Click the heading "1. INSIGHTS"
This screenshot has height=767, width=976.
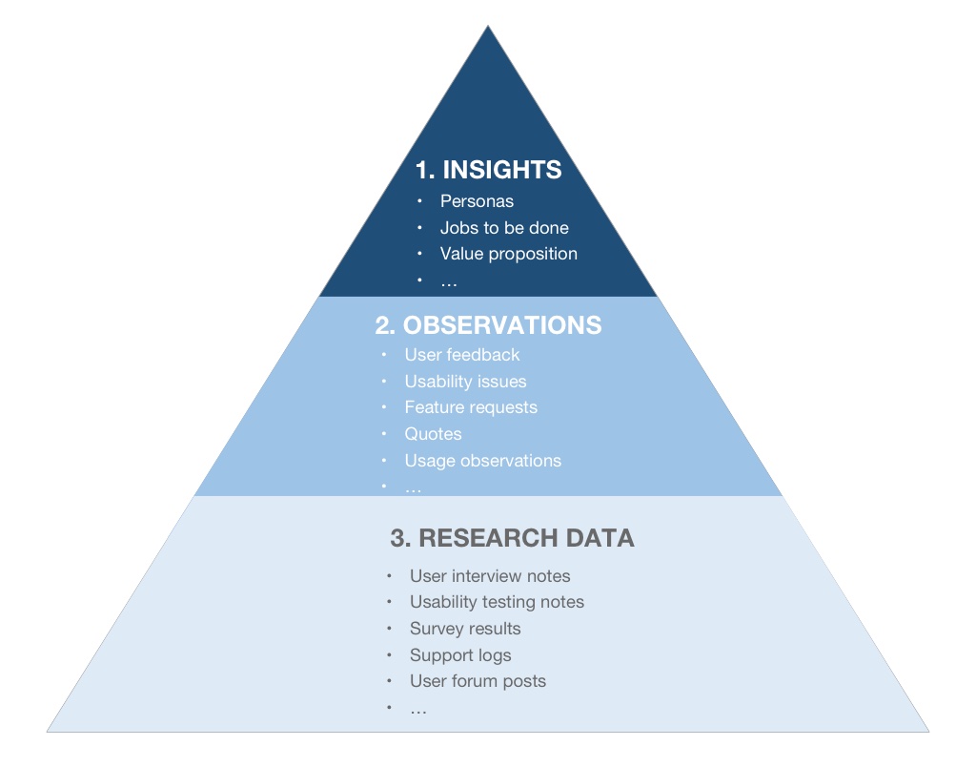pos(488,170)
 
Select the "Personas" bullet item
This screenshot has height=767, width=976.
pos(477,201)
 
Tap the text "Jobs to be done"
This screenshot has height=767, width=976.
pos(504,228)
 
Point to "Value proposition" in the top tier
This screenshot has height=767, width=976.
pos(508,254)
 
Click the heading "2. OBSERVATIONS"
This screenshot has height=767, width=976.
pos(488,325)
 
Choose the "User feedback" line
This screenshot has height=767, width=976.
pos(462,355)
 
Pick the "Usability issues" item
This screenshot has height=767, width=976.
pos(465,382)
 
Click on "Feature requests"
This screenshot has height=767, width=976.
pos(471,407)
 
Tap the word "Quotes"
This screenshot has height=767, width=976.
pos(433,434)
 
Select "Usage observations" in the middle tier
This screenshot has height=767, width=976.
pos(482,461)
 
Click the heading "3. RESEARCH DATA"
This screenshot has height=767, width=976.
pos(512,538)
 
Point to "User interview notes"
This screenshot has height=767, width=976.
pos(490,576)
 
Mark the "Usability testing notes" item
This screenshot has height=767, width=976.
pos(497,602)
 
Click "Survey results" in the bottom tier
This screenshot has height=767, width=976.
pos(465,629)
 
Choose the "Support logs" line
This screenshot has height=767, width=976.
pos(460,655)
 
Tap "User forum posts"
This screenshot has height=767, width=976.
pos(478,681)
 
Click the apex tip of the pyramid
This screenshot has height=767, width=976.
pos(488,28)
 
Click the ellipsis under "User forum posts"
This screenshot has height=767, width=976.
pos(418,710)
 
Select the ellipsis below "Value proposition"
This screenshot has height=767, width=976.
pos(449,281)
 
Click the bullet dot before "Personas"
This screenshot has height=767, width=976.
pos(419,201)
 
